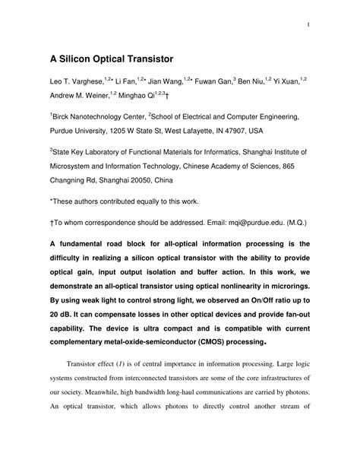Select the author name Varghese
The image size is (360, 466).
pos(84,81)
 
